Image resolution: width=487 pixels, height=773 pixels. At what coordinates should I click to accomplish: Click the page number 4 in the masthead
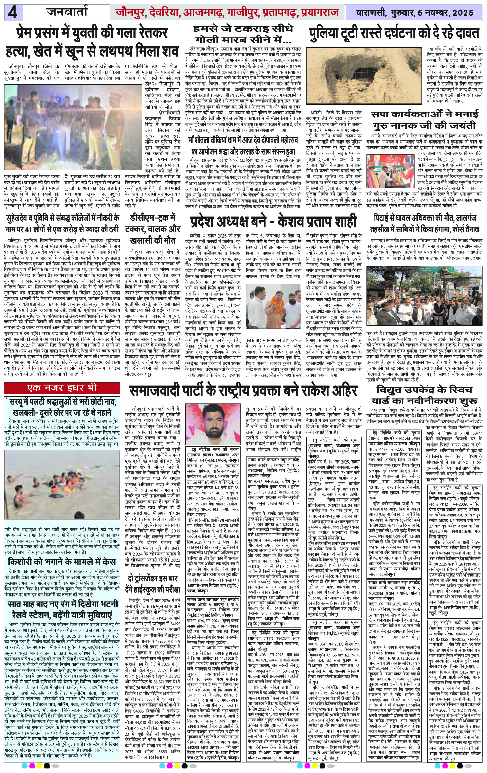click(x=13, y=13)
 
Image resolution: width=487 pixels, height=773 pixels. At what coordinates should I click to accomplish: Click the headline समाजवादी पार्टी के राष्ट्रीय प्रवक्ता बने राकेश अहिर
click(x=242, y=391)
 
